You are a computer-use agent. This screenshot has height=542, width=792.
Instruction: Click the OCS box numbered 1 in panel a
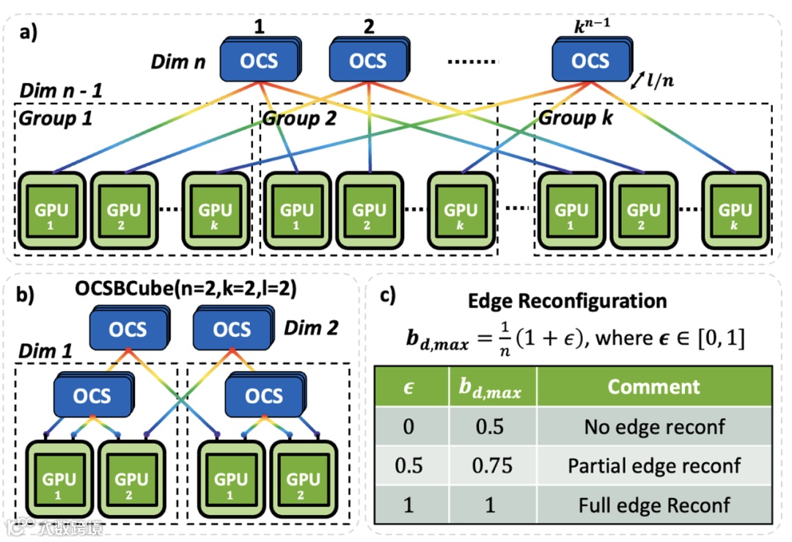[x=259, y=60]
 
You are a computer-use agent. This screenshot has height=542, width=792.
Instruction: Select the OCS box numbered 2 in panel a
[x=367, y=60]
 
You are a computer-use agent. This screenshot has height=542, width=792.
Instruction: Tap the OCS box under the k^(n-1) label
[x=590, y=60]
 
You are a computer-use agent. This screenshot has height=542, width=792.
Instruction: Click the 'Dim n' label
[x=178, y=61]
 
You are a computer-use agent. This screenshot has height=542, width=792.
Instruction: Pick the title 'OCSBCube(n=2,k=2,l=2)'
[x=186, y=289]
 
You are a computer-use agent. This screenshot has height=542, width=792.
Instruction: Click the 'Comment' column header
[x=653, y=387]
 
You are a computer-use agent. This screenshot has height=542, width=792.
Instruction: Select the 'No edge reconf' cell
[x=653, y=427]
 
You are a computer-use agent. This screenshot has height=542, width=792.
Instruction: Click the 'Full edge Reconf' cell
[x=653, y=505]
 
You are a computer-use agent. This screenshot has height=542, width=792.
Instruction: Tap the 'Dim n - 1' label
[x=61, y=91]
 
